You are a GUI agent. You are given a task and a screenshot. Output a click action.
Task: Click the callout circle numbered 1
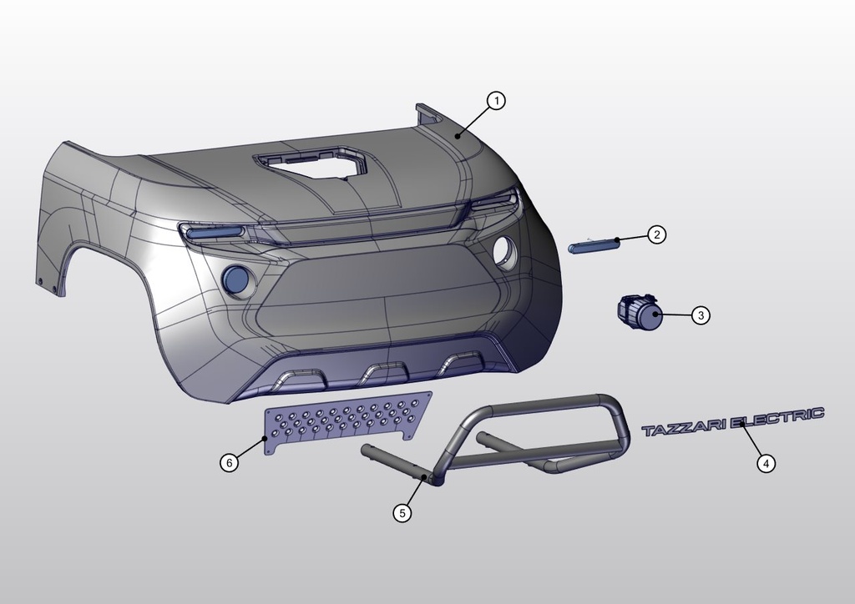pyautogui.click(x=496, y=101)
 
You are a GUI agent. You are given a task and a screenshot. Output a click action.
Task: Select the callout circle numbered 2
pyautogui.click(x=657, y=235)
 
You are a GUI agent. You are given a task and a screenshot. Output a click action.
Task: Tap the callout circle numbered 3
pyautogui.click(x=701, y=315)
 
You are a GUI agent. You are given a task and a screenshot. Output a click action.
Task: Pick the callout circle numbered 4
pyautogui.click(x=766, y=463)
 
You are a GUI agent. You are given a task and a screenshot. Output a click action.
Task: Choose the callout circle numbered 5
pyautogui.click(x=402, y=513)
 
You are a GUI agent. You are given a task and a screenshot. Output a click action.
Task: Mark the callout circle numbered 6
pyautogui.click(x=230, y=461)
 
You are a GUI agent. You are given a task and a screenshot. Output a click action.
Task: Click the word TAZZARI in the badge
pyautogui.click(x=684, y=429)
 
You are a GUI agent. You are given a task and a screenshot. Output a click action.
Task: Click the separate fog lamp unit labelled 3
pyautogui.click(x=639, y=313)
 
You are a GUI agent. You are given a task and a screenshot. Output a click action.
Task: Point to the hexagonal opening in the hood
pyautogui.click(x=312, y=161)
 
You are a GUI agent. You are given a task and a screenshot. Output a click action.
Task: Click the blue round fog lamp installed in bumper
pyautogui.click(x=238, y=279)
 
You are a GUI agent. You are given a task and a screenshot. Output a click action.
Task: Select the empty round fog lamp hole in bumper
pyautogui.click(x=504, y=251)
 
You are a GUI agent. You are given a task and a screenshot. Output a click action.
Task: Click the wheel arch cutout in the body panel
pyautogui.click(x=109, y=275)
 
